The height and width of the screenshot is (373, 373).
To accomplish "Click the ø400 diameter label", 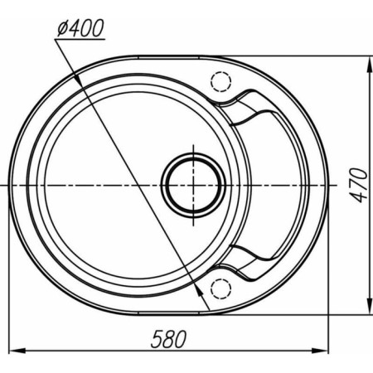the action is (80, 28).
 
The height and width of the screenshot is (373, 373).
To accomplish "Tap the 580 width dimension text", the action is (168, 339).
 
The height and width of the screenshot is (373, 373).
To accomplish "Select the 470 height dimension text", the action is (359, 185).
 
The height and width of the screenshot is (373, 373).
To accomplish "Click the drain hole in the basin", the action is (193, 185).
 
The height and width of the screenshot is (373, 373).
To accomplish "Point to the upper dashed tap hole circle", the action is (220, 81).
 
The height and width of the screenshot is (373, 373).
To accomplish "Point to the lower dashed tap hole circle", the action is (220, 288).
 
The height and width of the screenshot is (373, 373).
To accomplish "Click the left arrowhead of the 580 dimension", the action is (17, 351).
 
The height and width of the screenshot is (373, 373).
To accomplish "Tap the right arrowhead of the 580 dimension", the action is (320, 351).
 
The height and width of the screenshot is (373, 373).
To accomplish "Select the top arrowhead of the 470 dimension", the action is (369, 65).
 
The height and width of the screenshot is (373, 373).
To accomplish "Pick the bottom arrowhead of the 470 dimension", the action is (369, 306).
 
